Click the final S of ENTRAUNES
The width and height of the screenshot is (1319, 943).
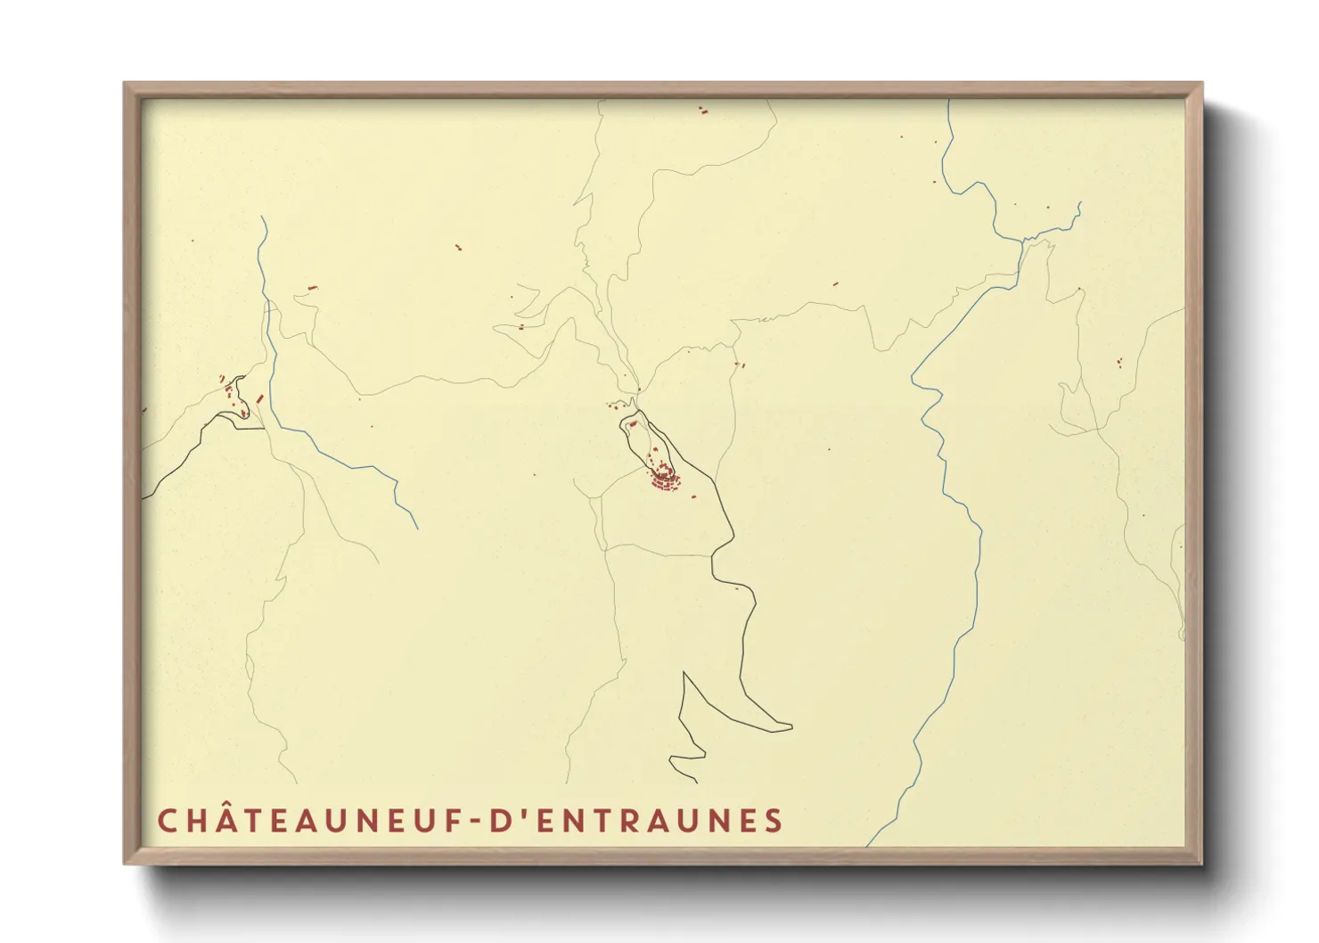[x=774, y=821]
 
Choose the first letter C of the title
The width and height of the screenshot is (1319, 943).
[x=168, y=821]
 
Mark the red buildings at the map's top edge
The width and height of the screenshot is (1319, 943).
[x=702, y=111]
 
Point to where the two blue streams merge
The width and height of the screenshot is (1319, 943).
[x=1022, y=241]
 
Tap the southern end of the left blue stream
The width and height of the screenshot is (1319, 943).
[x=417, y=529]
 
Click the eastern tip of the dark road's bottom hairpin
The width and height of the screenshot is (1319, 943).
[x=791, y=727]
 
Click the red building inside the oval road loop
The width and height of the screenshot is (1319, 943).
[x=632, y=424]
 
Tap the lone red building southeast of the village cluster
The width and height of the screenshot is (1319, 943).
[x=737, y=587]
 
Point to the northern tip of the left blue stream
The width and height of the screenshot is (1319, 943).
[x=261, y=217]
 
